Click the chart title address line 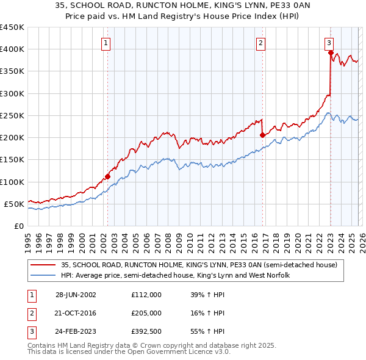click(183, 5)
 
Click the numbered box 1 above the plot click(106, 43)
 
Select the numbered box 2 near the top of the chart click(260, 43)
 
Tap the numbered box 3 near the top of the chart click(329, 43)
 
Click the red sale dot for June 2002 click(108, 176)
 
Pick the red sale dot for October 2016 click(262, 135)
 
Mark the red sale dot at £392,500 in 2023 click(331, 52)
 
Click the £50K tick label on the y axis click(14, 204)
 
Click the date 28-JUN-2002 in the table click(76, 294)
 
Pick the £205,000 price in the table click(146, 313)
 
